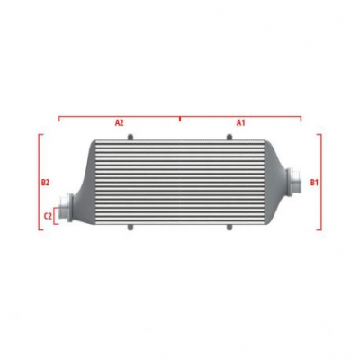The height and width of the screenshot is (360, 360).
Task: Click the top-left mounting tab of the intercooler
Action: (x=131, y=137)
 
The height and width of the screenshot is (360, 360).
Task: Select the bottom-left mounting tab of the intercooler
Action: (x=131, y=226)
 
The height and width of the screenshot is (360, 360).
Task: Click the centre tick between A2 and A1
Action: (x=180, y=117)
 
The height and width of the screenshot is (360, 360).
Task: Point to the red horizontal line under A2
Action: (x=119, y=115)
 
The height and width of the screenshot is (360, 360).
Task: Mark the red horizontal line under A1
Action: (x=241, y=115)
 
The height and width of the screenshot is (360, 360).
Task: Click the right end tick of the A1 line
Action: (x=301, y=117)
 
